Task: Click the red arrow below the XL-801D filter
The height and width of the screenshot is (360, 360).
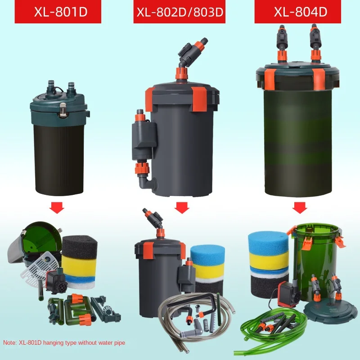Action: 57,208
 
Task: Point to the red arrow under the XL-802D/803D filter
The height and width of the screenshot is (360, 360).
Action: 181,207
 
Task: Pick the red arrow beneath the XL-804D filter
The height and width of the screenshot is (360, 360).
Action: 300,207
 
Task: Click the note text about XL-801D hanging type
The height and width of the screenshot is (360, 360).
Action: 64,343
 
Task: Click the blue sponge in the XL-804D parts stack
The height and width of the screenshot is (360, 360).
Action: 267,242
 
